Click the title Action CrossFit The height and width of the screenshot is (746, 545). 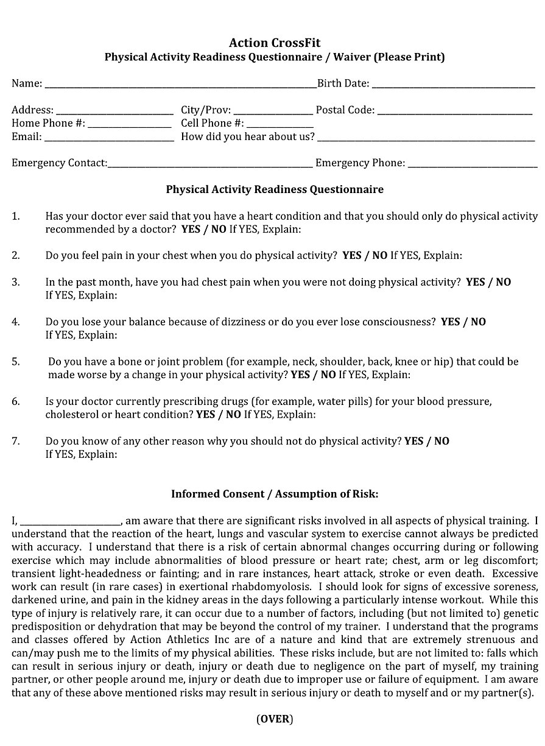point(275,43)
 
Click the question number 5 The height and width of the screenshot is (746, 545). point(16,362)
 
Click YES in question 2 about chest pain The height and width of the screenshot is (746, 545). point(352,256)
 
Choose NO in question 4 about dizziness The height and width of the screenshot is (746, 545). point(478,322)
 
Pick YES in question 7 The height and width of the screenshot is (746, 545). point(413,441)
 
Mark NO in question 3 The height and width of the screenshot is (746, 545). point(504,282)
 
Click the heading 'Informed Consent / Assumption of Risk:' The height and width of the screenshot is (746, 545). point(275,494)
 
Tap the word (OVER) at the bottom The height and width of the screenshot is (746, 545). point(275,719)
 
